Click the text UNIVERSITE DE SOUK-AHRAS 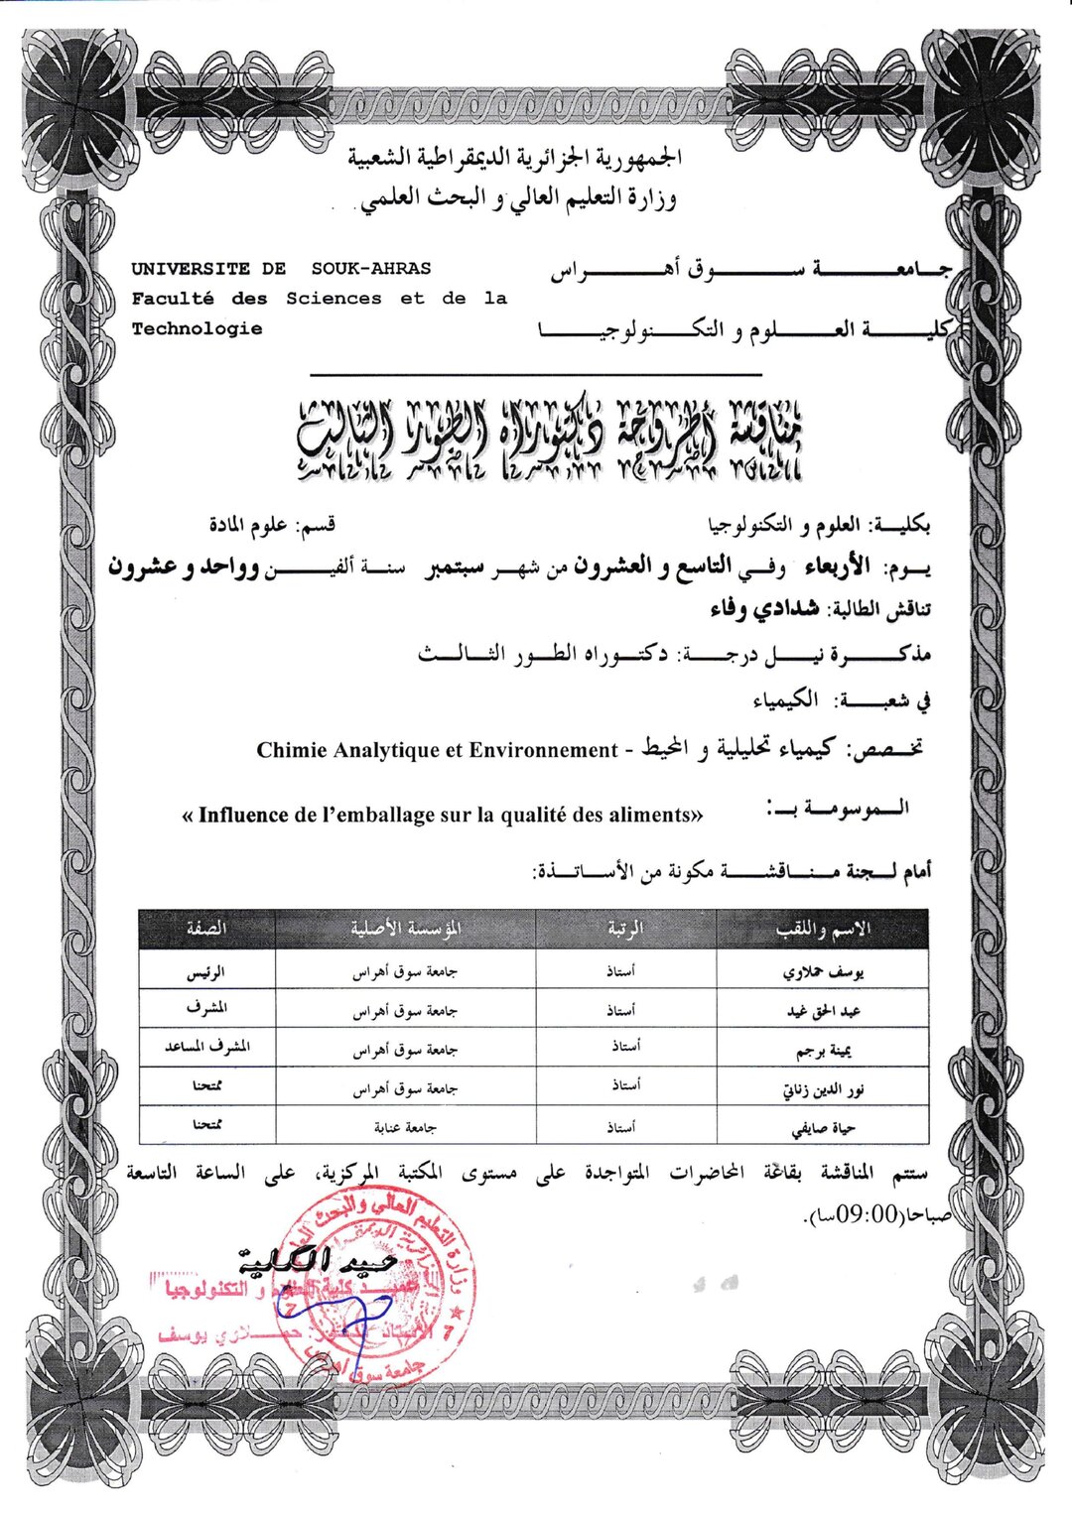[x=281, y=268]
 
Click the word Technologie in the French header [x=197, y=328]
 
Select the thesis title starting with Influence [x=443, y=816]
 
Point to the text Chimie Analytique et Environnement [x=437, y=750]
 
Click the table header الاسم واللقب [x=822, y=929]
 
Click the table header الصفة [x=206, y=929]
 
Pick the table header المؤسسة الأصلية [x=406, y=929]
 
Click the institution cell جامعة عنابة [x=406, y=1127]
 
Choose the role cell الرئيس [x=206, y=973]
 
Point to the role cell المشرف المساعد [x=206, y=1048]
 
